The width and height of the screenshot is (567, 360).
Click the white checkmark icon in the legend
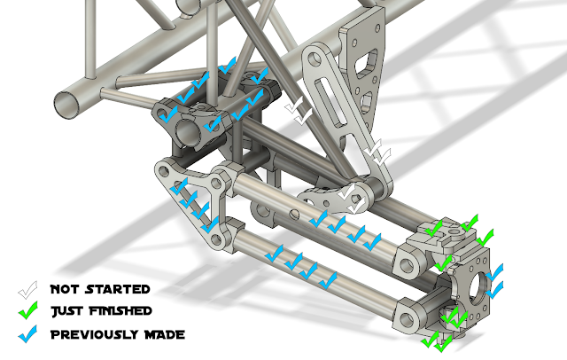click(x=27, y=290)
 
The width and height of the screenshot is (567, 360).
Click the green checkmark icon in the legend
click(x=27, y=310)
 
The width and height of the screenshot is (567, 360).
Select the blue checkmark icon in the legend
click(x=27, y=334)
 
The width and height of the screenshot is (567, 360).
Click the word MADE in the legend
click(x=165, y=334)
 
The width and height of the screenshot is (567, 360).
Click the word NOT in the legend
click(x=65, y=289)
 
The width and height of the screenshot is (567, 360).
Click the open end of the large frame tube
click(x=67, y=105)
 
